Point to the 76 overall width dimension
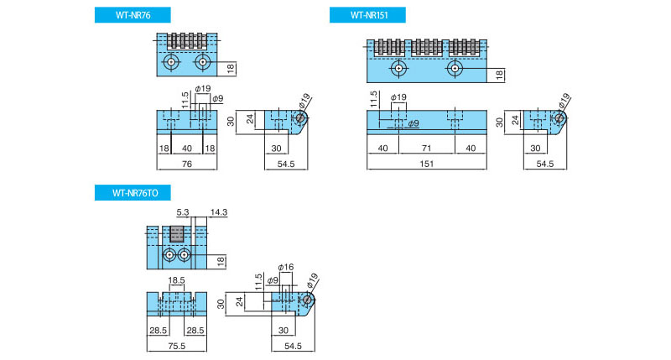click(187, 164)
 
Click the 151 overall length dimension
click(425, 164)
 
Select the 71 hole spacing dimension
click(425, 149)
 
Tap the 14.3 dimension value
click(221, 214)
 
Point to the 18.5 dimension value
click(176, 280)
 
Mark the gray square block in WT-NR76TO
click(177, 233)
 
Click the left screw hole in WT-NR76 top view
click(171, 62)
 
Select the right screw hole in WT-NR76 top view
click(201, 62)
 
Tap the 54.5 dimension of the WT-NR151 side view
click(545, 164)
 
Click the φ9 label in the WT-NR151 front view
click(414, 124)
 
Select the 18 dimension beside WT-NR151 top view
click(499, 75)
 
